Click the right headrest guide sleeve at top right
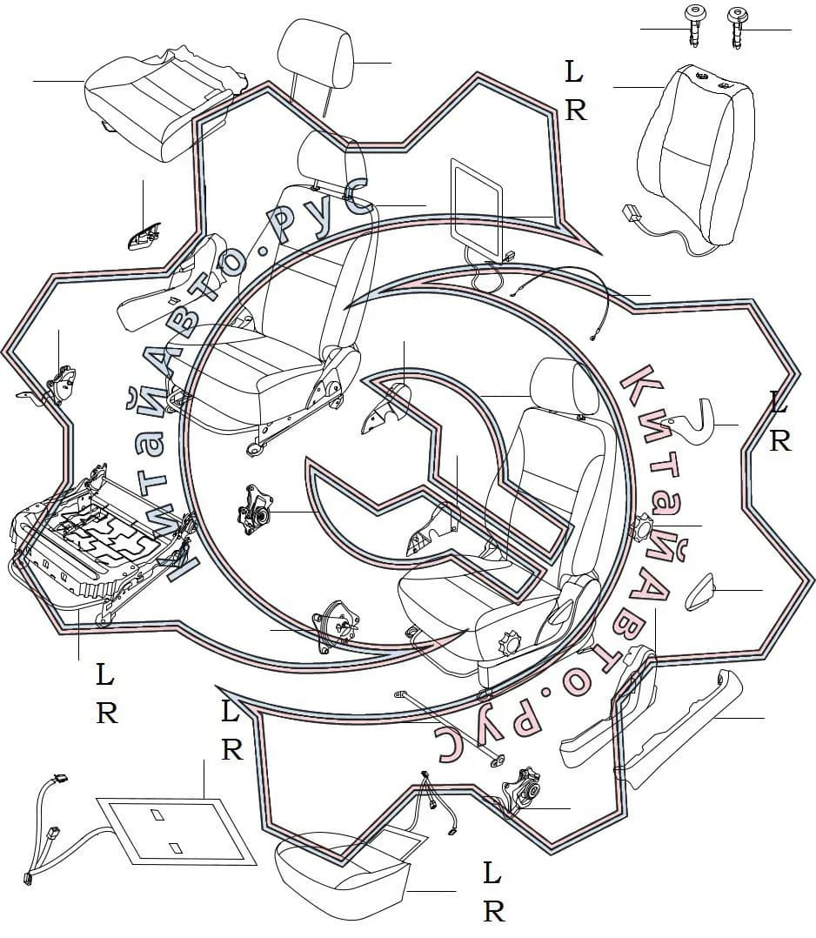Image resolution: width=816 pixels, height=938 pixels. [x=737, y=26]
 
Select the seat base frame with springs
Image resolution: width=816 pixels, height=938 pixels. [x=102, y=541]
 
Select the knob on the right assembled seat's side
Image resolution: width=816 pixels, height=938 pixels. [x=511, y=642]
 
